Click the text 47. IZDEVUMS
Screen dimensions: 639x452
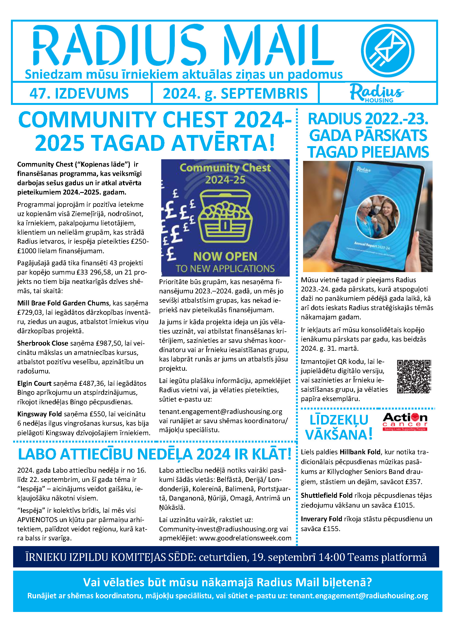pos(79,93)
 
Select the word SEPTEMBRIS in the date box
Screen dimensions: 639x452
pos(264,93)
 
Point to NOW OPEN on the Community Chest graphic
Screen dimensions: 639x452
pos(225,256)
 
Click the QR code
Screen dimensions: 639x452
pos(414,376)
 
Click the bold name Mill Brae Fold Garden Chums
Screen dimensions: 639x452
pos(63,303)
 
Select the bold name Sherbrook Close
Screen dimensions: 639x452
pos(43,343)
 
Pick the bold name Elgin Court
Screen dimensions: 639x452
pos(34,383)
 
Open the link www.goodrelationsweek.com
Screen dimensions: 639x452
pos(245,538)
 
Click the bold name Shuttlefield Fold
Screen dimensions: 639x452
pos(327,495)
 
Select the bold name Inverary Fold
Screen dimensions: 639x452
pos(321,519)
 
